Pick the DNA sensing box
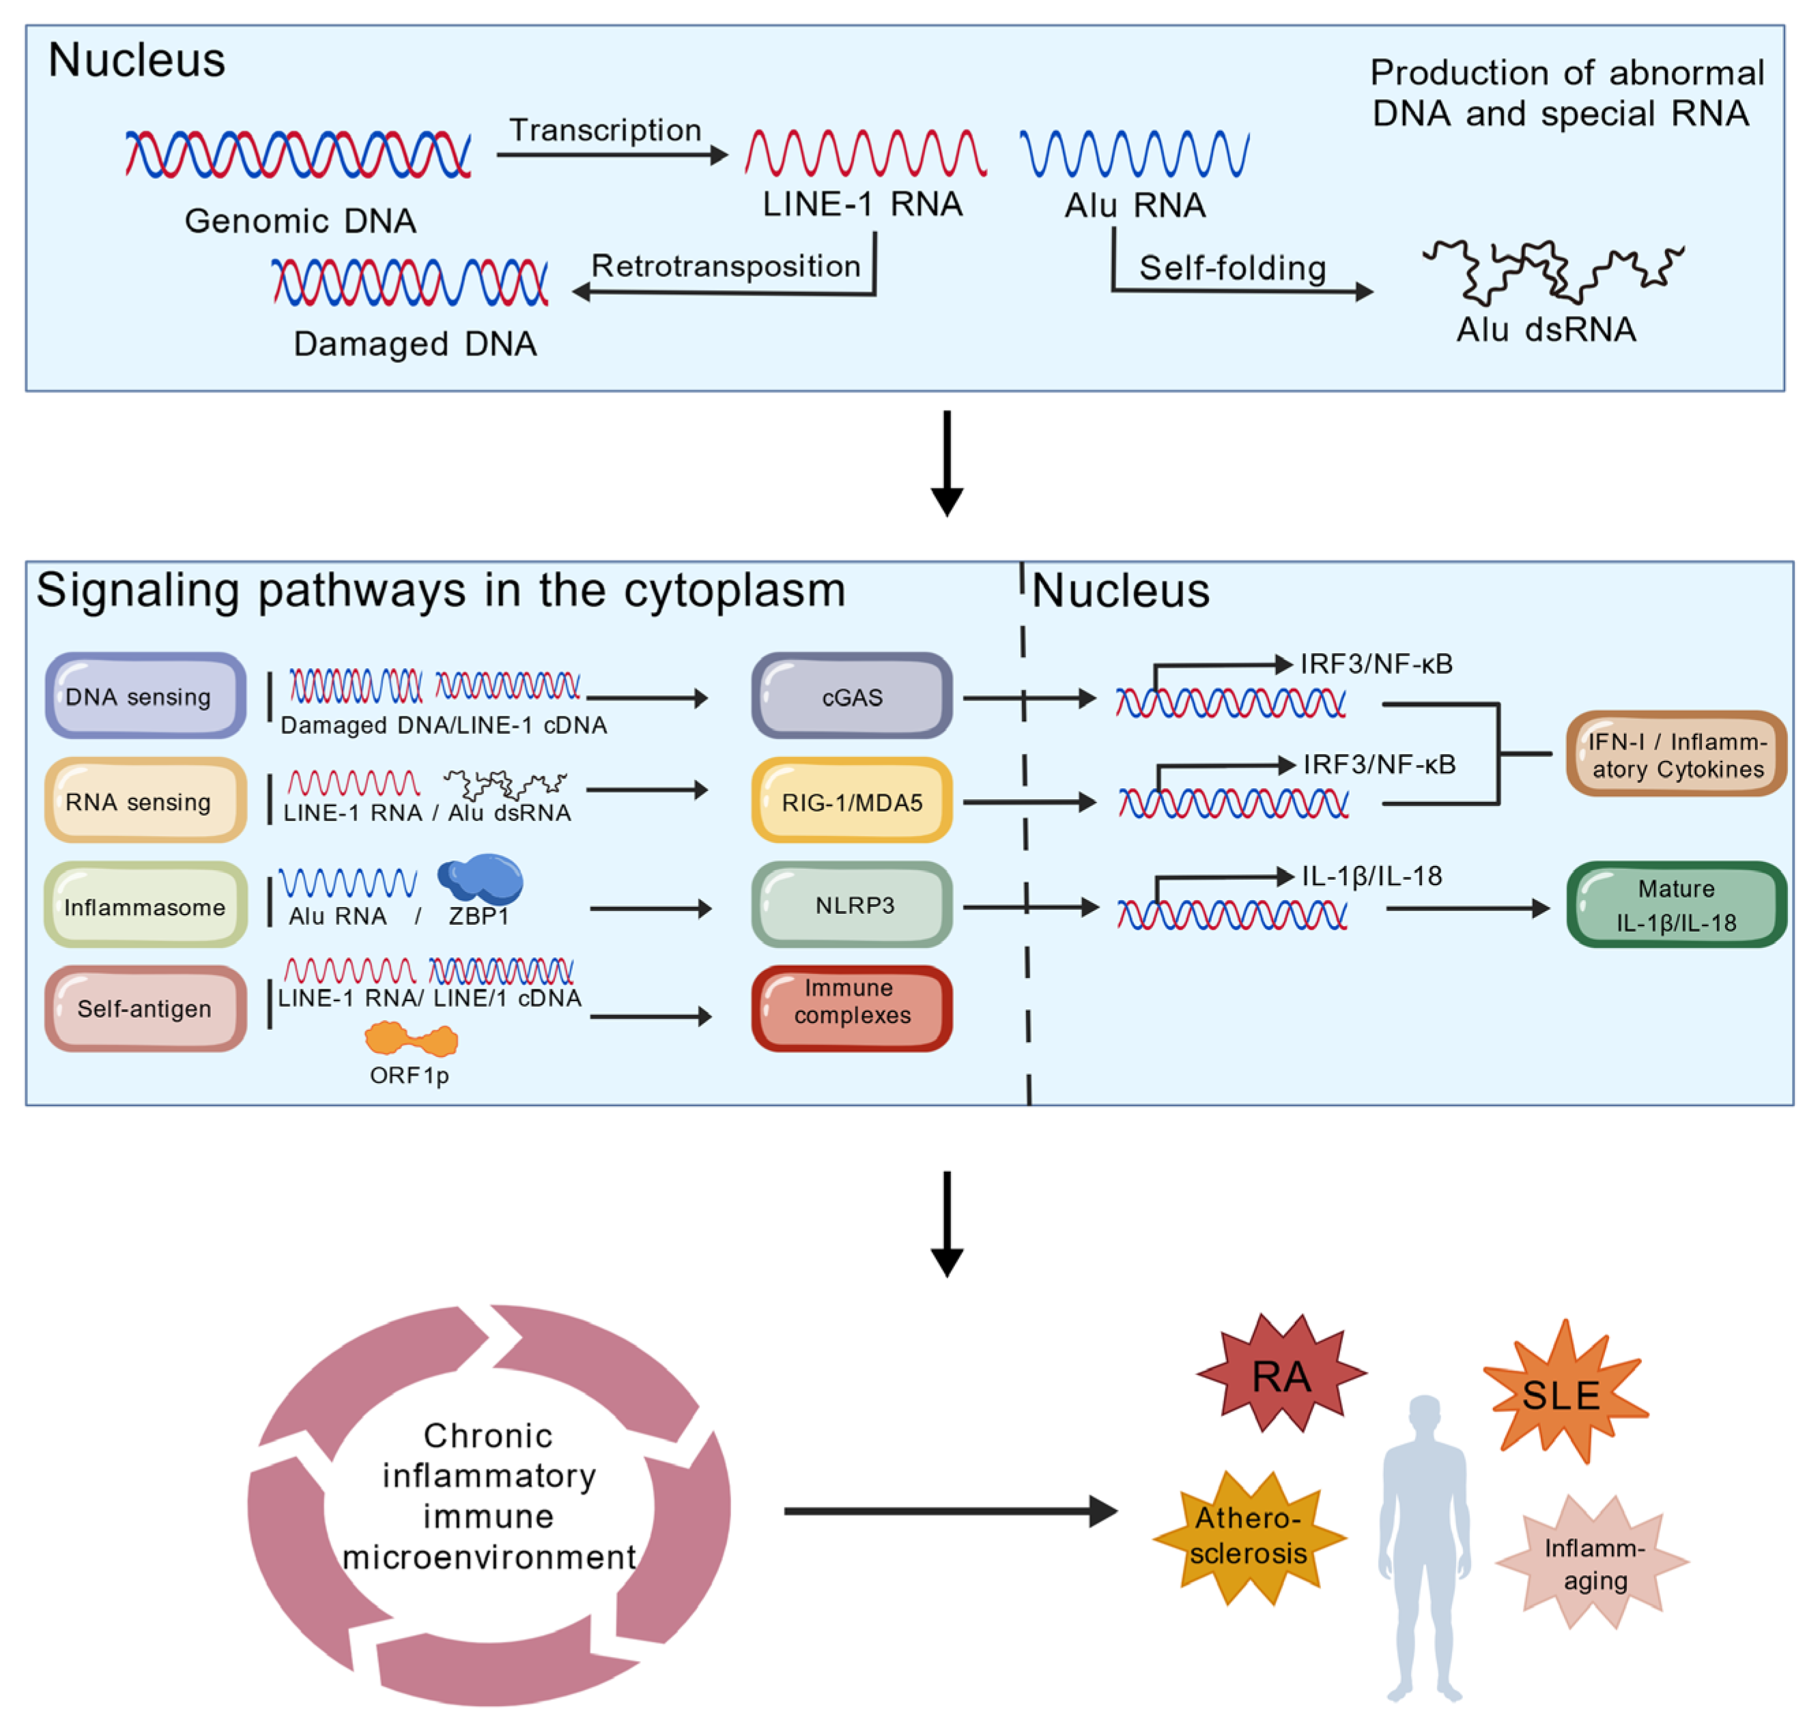click(145, 696)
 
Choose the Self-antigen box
click(145, 1008)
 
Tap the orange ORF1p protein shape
click(410, 1039)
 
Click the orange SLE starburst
click(1562, 1394)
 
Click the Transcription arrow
click(611, 155)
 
